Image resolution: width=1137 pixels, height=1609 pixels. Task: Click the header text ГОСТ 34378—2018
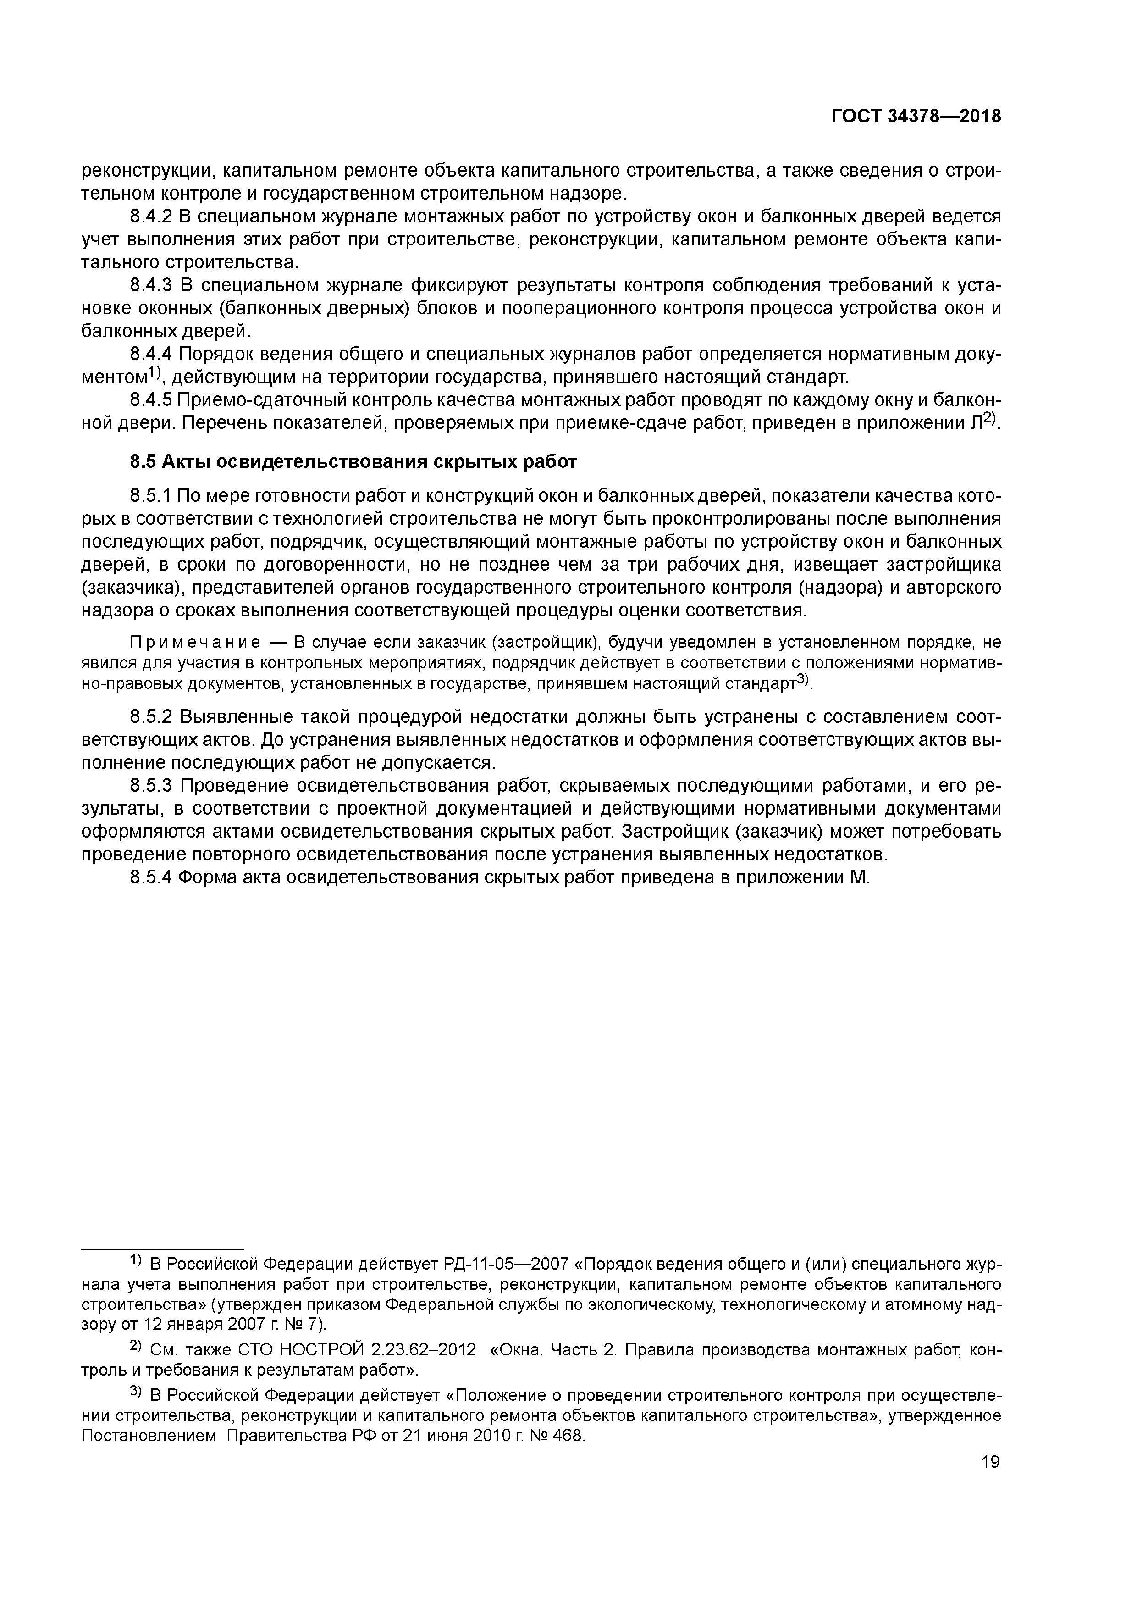tap(916, 117)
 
